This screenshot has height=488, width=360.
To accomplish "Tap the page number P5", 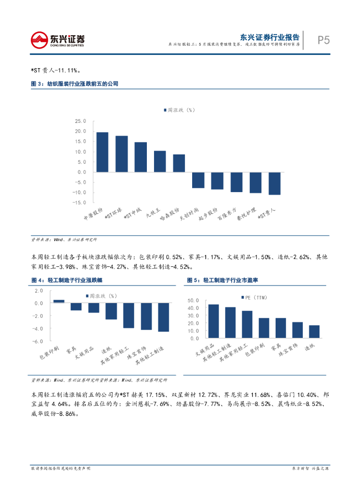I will tap(324, 40).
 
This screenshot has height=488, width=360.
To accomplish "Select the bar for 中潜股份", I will tap(103, 152).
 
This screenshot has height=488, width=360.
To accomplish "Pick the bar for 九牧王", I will tap(160, 162).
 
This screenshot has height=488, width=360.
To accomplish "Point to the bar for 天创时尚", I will tap(198, 180).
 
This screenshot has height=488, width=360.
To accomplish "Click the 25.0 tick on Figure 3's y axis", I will tap(81, 121).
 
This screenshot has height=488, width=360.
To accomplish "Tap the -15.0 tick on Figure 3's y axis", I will tap(80, 203).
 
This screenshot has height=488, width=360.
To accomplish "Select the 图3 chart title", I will tap(74, 84).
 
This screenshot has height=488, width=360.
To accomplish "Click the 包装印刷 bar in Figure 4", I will tap(59, 301).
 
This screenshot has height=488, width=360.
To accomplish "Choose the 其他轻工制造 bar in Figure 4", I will tap(163, 317).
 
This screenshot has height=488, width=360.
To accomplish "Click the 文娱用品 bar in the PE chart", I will tap(214, 321).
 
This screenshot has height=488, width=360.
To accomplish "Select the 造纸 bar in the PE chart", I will tap(314, 332).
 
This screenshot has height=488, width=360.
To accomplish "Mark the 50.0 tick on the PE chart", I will tap(194, 301).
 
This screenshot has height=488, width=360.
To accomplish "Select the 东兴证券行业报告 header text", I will tap(269, 37).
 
